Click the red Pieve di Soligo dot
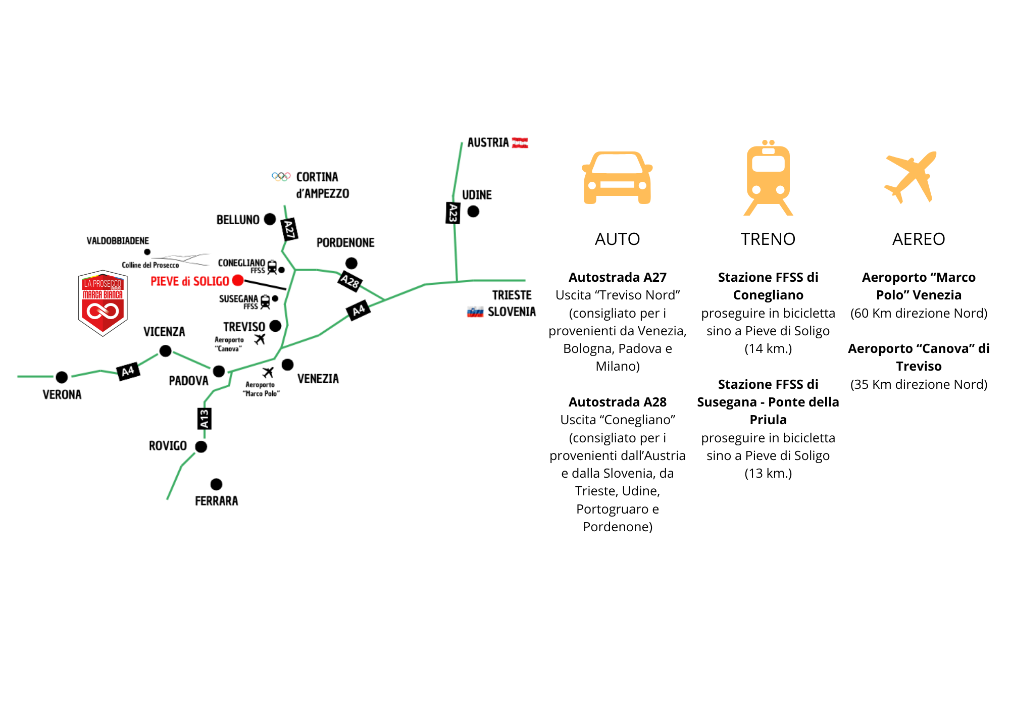pyautogui.click(x=238, y=280)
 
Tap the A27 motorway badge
pyautogui.click(x=289, y=230)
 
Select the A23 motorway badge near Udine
pyautogui.click(x=453, y=213)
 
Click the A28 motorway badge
pyautogui.click(x=350, y=281)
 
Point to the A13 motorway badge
pyautogui.click(x=204, y=419)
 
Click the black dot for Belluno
pyautogui.click(x=270, y=219)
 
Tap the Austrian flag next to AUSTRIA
pyautogui.click(x=520, y=143)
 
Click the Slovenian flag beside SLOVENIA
pyautogui.click(x=475, y=312)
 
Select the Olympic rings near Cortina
pyautogui.click(x=281, y=177)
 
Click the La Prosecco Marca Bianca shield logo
pyautogui.click(x=103, y=303)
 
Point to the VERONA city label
pyautogui.click(x=62, y=394)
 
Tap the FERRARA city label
pyautogui.click(x=216, y=501)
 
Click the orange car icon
pyautogui.click(x=617, y=178)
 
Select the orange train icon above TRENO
pyautogui.click(x=768, y=178)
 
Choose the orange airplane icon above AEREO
pyautogui.click(x=911, y=177)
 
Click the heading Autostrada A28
pyautogui.click(x=617, y=402)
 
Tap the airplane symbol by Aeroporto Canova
pyautogui.click(x=260, y=339)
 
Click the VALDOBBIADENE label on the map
pyautogui.click(x=118, y=241)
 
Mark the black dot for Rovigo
pyautogui.click(x=201, y=446)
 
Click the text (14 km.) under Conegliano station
pyautogui.click(x=768, y=348)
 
